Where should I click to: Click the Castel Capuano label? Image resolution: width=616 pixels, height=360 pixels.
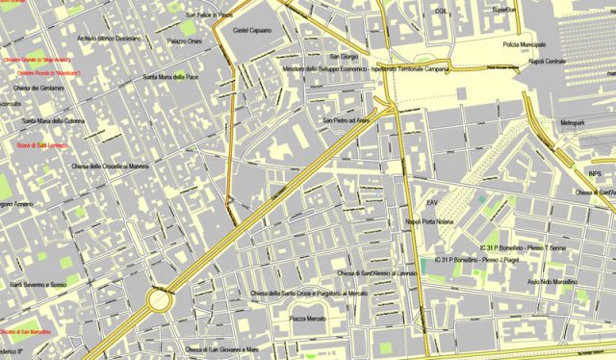click(x=249, y=31)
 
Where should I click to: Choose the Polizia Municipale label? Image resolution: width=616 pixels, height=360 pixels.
click(x=524, y=44)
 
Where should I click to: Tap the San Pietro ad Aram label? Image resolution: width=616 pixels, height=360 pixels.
click(x=346, y=120)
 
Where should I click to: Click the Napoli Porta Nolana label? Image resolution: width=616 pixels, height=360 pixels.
click(x=429, y=221)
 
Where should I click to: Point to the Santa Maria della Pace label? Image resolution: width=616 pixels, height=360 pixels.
click(x=170, y=77)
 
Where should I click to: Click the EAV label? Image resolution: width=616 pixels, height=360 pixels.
click(x=433, y=202)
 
